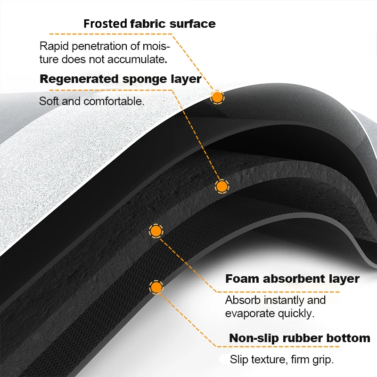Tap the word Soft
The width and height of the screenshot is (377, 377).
(49, 101)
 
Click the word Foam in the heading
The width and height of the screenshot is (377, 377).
(242, 279)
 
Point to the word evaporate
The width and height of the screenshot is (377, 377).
(248, 313)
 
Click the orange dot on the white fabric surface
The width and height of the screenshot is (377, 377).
(217, 97)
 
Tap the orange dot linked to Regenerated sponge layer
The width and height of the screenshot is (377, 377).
(221, 186)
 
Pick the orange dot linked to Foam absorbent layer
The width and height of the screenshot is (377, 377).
(156, 231)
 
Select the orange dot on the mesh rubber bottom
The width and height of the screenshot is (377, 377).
(156, 287)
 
